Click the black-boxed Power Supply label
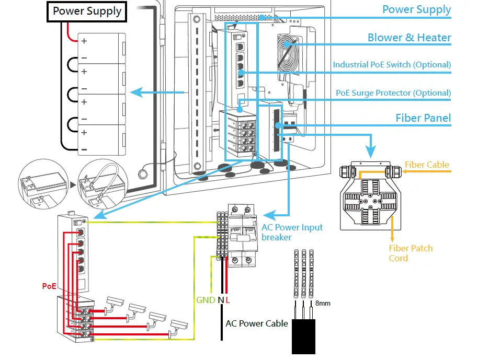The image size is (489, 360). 87,11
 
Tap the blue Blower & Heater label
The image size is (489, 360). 409,38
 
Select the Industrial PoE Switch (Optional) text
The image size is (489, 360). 392,65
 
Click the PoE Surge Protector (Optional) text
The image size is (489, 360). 393,93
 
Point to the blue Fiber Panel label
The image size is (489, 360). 423,118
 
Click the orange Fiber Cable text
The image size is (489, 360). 427,165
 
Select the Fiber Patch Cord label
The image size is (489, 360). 411,253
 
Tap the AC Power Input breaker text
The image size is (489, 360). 292,232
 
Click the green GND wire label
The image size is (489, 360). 206,300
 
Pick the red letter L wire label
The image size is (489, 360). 228,300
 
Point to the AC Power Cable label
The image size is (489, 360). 256,323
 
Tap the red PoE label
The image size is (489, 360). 49,286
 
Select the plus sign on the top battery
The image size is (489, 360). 84,40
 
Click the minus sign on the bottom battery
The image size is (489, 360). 84,150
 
